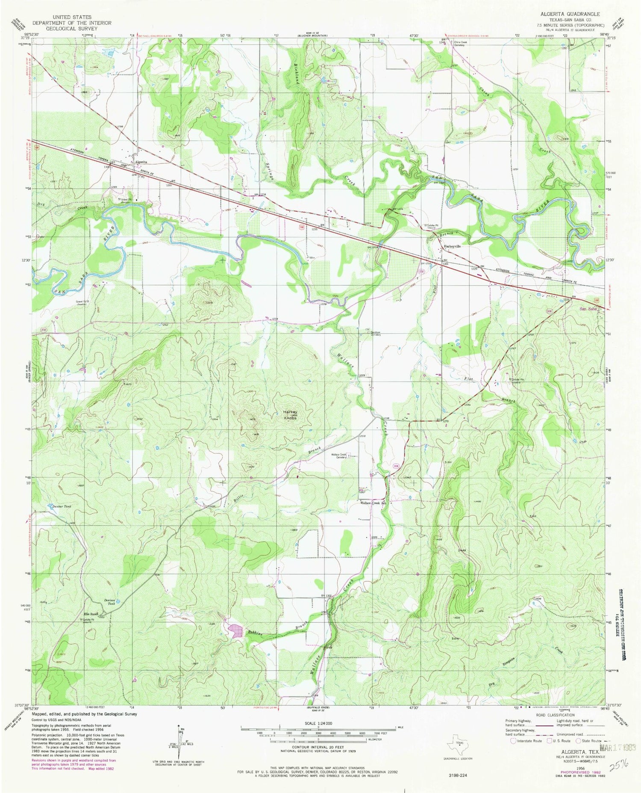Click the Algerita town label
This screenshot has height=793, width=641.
point(141,162)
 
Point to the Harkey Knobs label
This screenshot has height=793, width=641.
point(289,414)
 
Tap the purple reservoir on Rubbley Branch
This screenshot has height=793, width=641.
point(235,630)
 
